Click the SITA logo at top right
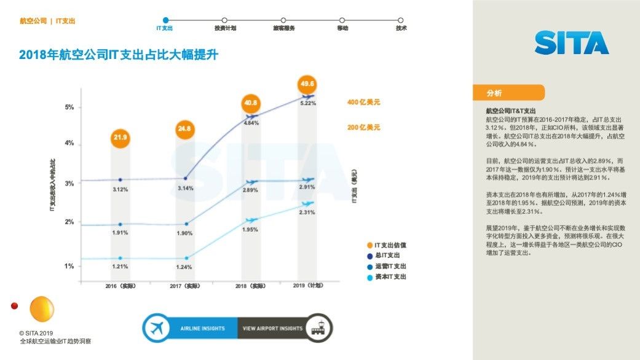(571, 43)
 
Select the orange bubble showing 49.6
(307, 84)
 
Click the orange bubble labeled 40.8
(251, 103)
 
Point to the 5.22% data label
(307, 103)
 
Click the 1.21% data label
(120, 267)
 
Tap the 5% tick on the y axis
(69, 107)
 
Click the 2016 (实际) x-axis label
(120, 286)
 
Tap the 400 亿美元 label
(363, 102)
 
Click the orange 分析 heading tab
(508, 93)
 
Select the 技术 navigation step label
(401, 28)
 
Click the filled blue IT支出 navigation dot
(165, 20)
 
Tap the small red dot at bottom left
(15, 305)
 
